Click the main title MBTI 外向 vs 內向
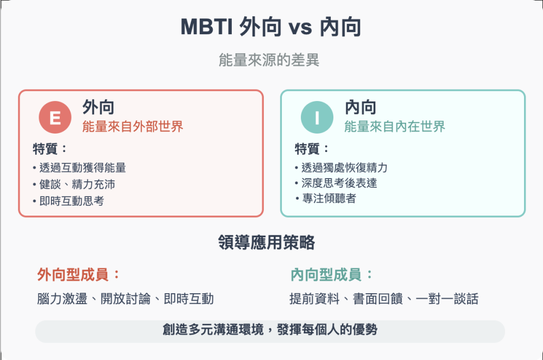(271, 27)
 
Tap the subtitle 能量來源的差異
(269, 60)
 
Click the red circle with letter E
(55, 117)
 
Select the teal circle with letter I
(317, 117)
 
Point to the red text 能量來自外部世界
(132, 127)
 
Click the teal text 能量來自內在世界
(394, 127)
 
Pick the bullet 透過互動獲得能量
(79, 168)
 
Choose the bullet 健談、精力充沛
(74, 184)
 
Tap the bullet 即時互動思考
(68, 201)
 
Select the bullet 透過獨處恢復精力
(341, 168)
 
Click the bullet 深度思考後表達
(336, 183)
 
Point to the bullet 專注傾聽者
(325, 198)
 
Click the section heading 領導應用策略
(267, 242)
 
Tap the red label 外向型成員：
(79, 275)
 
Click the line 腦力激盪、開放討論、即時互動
(125, 299)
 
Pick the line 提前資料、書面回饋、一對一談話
(384, 299)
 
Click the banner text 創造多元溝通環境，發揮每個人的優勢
(270, 330)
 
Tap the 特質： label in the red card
(50, 149)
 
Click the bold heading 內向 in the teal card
(361, 107)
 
